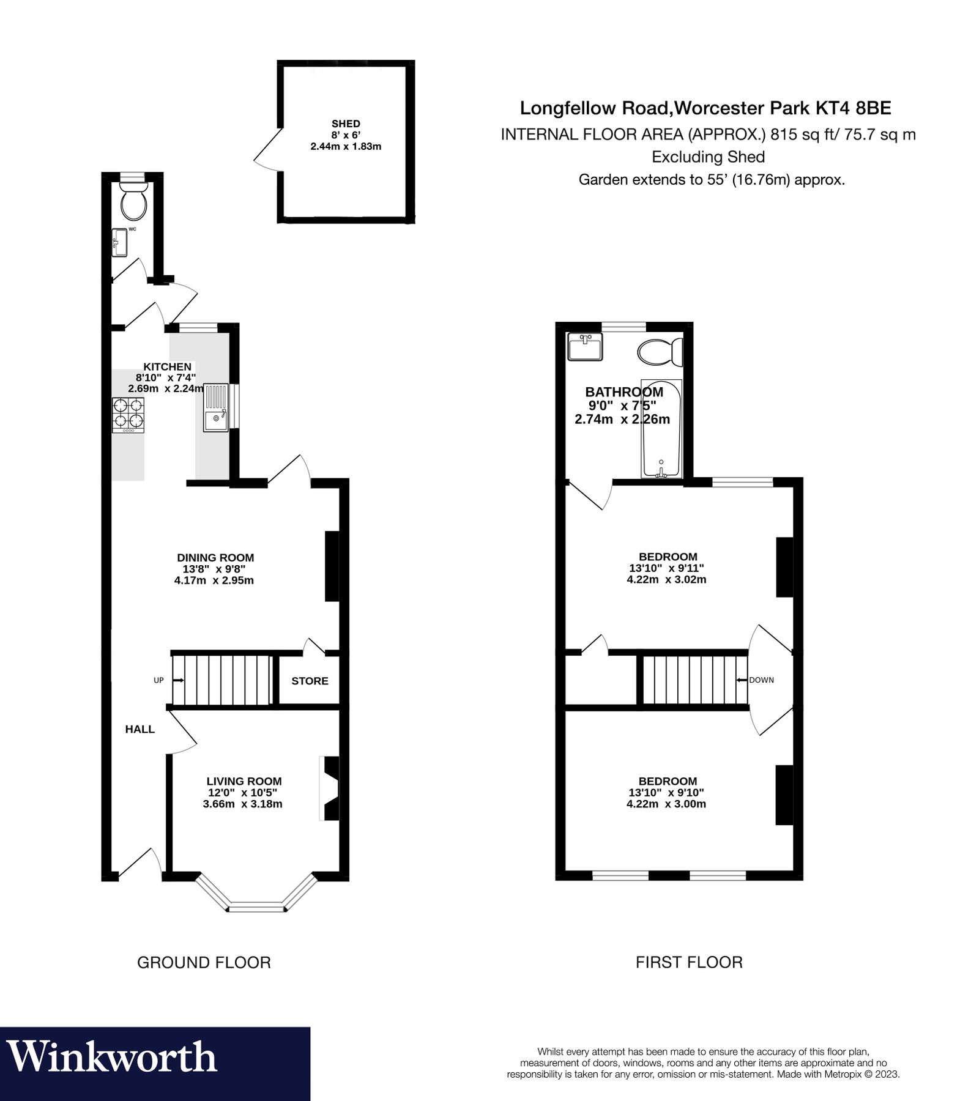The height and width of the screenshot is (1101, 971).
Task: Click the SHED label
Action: [346, 124]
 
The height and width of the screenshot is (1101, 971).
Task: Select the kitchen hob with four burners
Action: [128, 415]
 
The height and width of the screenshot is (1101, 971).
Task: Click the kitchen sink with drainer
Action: [215, 407]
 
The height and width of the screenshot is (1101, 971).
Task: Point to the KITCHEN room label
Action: [167, 366]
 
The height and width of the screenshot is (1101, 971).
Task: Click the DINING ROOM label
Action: [215, 557]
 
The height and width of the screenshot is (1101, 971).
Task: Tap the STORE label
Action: [310, 681]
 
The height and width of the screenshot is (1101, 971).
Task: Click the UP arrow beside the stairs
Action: [178, 680]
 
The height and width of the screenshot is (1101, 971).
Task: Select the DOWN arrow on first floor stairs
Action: [742, 680]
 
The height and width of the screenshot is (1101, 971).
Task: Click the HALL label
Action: [140, 729]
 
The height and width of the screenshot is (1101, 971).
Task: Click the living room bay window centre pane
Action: [257, 906]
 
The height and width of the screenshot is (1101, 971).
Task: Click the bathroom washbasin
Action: [585, 347]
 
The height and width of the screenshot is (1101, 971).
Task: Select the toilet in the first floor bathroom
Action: [660, 352]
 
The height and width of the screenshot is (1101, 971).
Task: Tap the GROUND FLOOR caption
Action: [204, 962]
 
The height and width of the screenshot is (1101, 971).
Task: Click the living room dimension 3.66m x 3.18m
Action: [242, 804]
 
